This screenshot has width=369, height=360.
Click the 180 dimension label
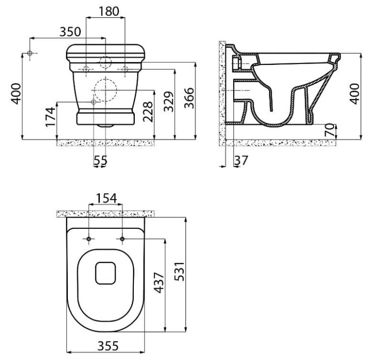tap(109, 11)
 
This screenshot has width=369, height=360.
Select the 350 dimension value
tap(70, 32)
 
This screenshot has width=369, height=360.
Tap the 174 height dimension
tap(51, 117)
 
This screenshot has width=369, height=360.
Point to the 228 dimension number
tap(148, 112)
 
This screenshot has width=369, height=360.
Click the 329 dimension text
tap(169, 101)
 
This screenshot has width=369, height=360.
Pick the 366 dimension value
tap(189, 98)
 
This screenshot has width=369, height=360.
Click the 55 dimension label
tap(100, 161)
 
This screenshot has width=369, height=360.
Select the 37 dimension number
tap(241, 160)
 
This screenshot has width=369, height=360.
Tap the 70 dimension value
tap(330, 130)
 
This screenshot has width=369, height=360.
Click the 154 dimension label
tap(106, 198)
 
